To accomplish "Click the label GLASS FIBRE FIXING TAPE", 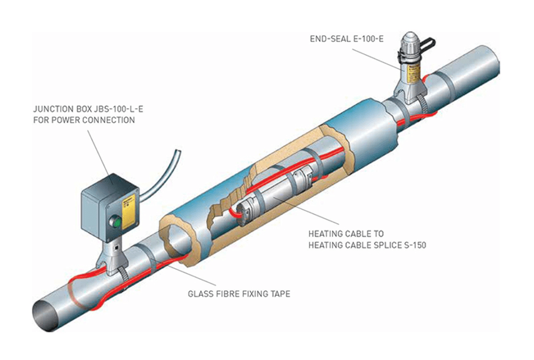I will pos(238,294).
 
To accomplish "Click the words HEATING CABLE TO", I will pos(346,234).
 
